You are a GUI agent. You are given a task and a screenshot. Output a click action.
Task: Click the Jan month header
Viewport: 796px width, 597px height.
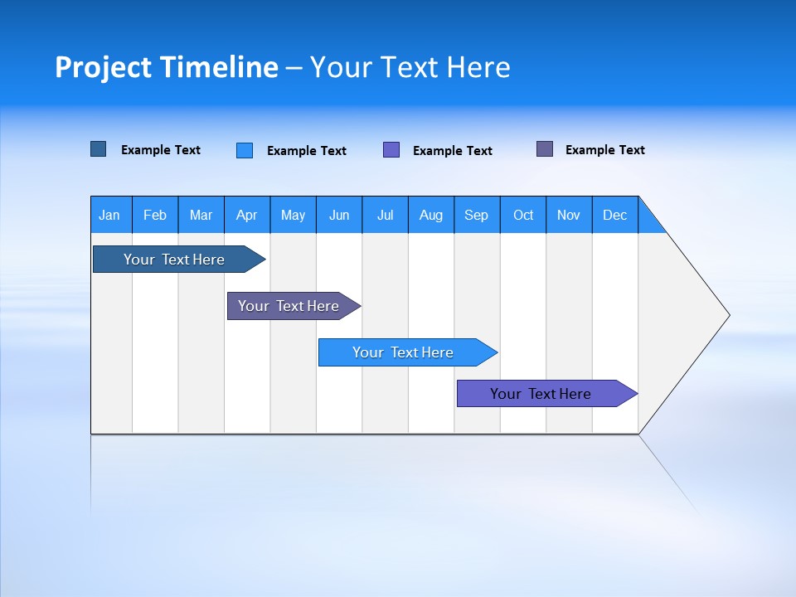pyautogui.click(x=110, y=215)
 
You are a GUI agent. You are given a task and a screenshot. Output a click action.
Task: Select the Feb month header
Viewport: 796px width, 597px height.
pyautogui.click(x=155, y=215)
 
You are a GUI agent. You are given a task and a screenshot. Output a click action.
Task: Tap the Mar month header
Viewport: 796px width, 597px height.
pyautogui.click(x=201, y=215)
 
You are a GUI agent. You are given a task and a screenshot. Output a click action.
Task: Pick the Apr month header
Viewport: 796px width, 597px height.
pyautogui.click(x=247, y=215)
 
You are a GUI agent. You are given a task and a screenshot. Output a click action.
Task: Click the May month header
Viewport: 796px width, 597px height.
pyautogui.click(x=293, y=215)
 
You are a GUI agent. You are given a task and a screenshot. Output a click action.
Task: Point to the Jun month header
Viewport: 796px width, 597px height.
pyautogui.click(x=339, y=215)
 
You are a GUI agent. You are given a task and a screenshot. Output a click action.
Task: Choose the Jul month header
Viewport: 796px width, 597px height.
pyautogui.click(x=385, y=215)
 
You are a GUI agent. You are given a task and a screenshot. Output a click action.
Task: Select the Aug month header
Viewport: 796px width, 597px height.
pyautogui.click(x=431, y=215)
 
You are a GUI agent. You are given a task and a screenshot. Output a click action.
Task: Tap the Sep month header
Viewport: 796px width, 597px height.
pyautogui.click(x=477, y=215)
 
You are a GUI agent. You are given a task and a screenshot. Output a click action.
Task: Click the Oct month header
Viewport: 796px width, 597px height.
pyautogui.click(x=523, y=215)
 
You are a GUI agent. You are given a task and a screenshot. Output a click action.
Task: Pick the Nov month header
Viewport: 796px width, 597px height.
pyautogui.click(x=569, y=215)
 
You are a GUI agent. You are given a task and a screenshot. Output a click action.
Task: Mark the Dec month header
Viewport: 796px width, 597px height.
pyautogui.click(x=615, y=215)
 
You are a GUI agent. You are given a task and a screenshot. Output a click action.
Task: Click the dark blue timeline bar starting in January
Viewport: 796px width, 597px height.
pyautogui.click(x=175, y=260)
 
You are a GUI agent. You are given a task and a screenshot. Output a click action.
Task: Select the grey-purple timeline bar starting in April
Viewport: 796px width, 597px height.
pyautogui.click(x=289, y=306)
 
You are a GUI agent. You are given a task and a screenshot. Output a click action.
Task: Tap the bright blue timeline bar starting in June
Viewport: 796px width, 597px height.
pyautogui.click(x=404, y=352)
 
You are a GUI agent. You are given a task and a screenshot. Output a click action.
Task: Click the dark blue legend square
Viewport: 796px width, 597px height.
pyautogui.click(x=99, y=149)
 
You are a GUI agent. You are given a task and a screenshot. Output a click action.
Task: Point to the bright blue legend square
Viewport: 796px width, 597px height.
pyautogui.click(x=245, y=150)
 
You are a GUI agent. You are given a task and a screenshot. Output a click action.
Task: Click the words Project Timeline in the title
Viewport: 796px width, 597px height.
pyautogui.click(x=167, y=67)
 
